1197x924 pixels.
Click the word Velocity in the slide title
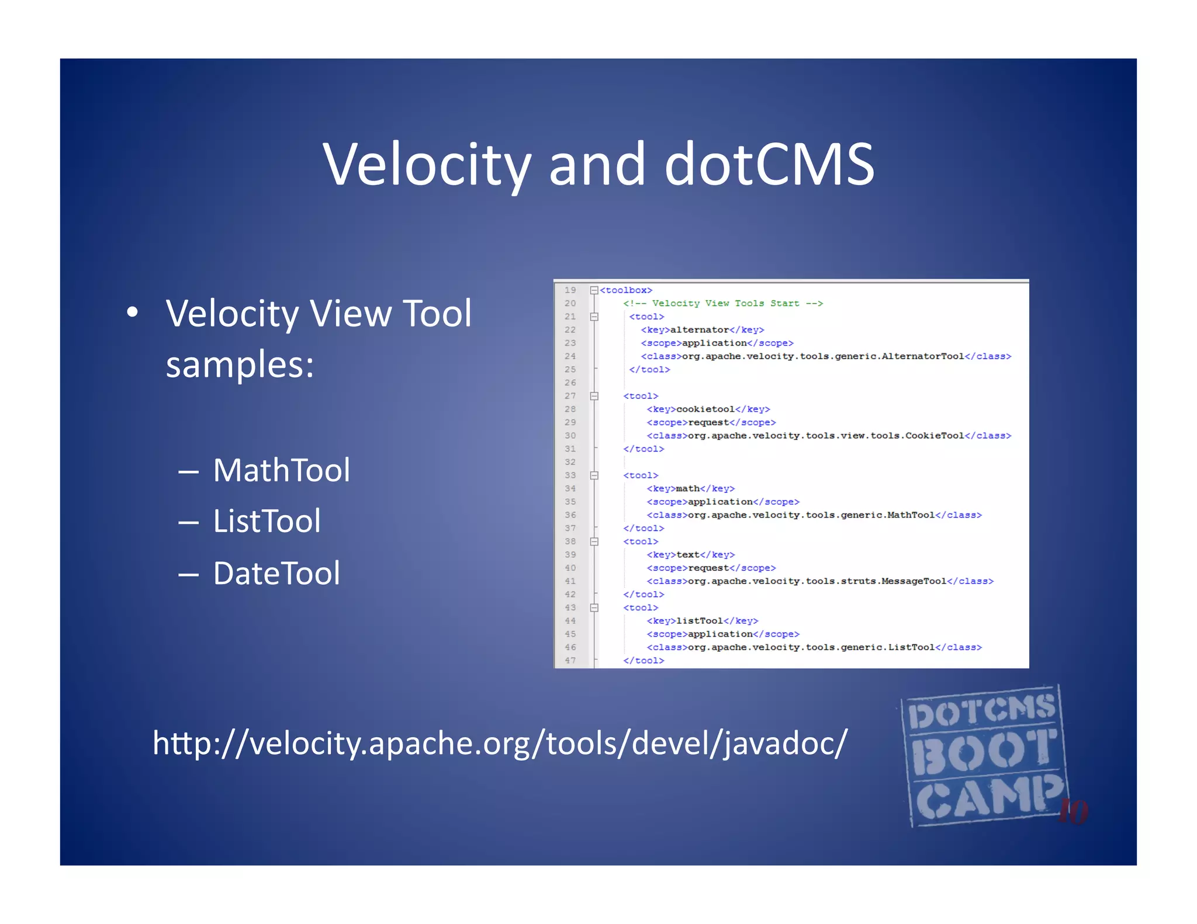[427, 165]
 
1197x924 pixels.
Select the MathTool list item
[281, 470]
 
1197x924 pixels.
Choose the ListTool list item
[267, 521]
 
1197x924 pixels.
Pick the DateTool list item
[276, 573]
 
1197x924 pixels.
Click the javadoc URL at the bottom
[500, 743]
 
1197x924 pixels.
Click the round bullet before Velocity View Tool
[133, 312]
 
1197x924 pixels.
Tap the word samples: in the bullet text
[240, 364]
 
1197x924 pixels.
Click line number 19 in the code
[570, 290]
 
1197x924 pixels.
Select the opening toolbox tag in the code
[626, 290]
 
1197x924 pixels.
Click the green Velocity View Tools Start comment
[723, 304]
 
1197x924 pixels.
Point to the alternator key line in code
[702, 330]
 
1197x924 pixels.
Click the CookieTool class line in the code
[828, 436]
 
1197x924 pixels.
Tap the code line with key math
[690, 489]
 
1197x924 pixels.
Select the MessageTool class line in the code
[819, 581]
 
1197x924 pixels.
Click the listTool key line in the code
[702, 621]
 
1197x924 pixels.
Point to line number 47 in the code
[570, 661]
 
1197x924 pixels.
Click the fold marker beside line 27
[594, 396]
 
